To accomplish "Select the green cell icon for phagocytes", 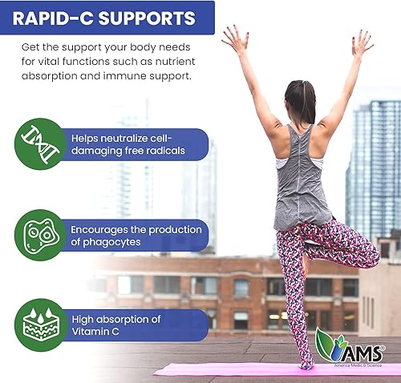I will pyautogui.click(x=39, y=235).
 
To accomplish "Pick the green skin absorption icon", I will pyautogui.click(x=39, y=325).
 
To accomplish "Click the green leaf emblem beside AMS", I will pyautogui.click(x=330, y=345).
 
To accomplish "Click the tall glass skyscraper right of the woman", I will pyautogui.click(x=373, y=168).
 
